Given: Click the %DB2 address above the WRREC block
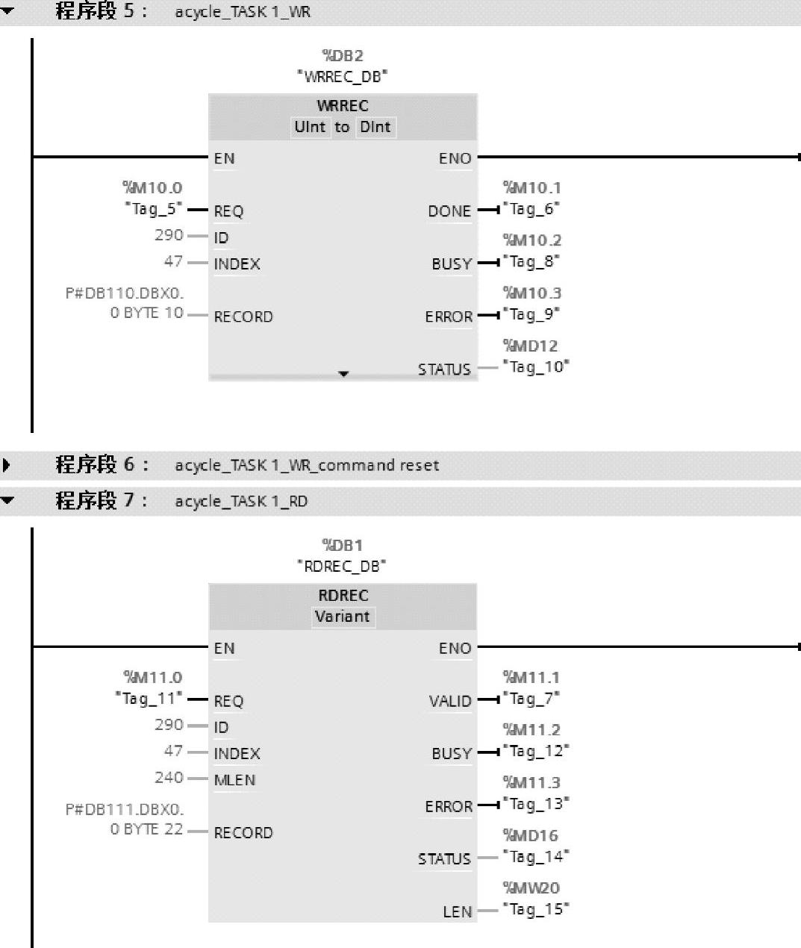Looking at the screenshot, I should (x=342, y=55).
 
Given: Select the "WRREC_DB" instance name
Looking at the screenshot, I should (x=342, y=76).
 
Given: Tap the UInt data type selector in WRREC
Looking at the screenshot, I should (x=310, y=127).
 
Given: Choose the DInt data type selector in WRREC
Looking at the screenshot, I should (x=375, y=127).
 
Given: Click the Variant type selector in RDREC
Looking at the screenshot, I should (x=342, y=617).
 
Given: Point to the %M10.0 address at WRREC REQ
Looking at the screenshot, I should (x=152, y=188).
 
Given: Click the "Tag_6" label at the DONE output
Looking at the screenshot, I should (x=531, y=209).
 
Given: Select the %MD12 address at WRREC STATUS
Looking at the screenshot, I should (x=530, y=346).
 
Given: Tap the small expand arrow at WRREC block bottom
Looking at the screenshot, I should (x=343, y=373).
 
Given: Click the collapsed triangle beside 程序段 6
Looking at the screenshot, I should (x=7, y=466).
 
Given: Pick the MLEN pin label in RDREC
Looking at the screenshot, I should (x=234, y=780).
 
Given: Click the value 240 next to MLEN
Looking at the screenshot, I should (x=169, y=778).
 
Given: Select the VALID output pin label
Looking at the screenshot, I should (x=450, y=701).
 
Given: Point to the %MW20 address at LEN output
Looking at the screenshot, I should (x=531, y=888).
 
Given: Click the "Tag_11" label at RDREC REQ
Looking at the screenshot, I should (x=149, y=699).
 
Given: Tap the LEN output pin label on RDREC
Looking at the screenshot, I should (x=458, y=911).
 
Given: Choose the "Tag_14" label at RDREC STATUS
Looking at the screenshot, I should (x=535, y=856).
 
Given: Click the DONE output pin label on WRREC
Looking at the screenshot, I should (x=449, y=211).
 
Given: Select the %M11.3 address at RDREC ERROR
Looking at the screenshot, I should (x=532, y=782).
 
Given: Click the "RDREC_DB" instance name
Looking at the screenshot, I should (x=342, y=566).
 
